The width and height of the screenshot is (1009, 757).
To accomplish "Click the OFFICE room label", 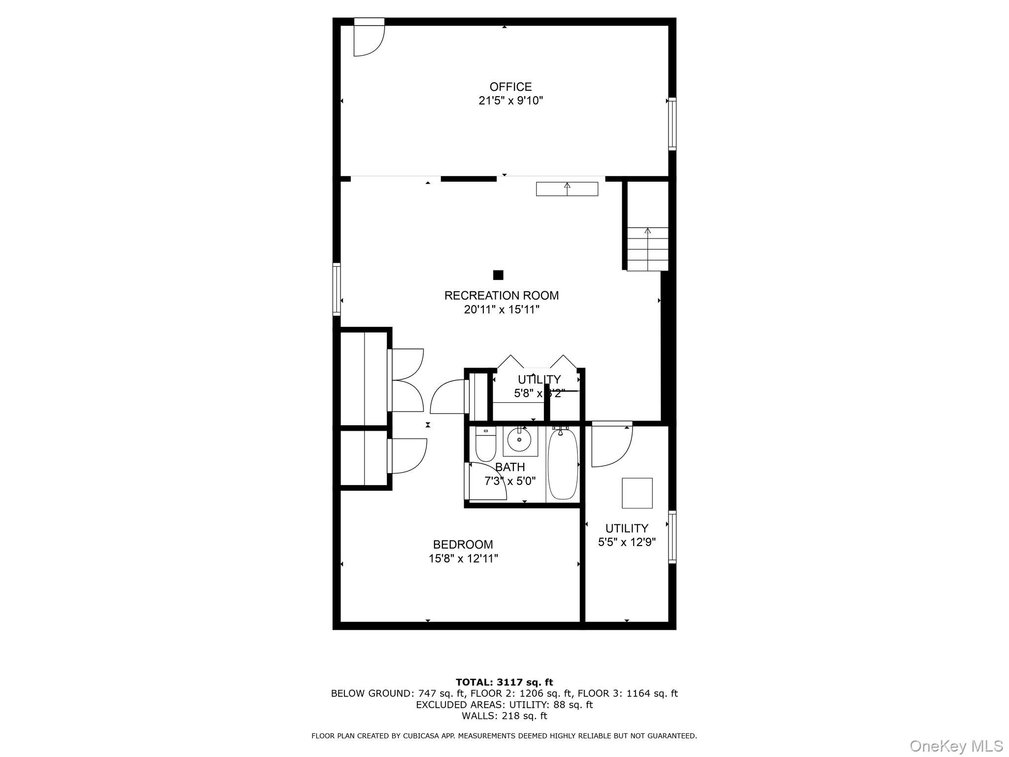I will pos(510,87).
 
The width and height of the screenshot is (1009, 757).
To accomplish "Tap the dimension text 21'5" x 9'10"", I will pos(510,101).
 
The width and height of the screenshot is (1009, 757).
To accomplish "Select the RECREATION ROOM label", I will pos(502,296).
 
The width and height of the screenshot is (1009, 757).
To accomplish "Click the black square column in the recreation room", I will pos(498,275).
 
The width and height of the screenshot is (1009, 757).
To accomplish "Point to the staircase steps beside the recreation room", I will pos(647,249).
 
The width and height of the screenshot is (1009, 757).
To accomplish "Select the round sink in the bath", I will pos(519,440).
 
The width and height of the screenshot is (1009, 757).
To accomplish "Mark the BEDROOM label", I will pos(463,545).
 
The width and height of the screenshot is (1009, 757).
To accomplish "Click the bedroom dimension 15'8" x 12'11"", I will pos(463,559).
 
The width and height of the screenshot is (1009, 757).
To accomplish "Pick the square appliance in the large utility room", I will pos(637,493).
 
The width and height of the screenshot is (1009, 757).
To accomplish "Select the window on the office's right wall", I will pos(672,123).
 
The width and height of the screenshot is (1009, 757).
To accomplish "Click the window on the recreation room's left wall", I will pos(336,289).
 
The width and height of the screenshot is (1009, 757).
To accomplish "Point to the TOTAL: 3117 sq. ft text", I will pos(504,683).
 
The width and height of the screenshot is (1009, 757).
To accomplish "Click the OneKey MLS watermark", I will pos(956,746).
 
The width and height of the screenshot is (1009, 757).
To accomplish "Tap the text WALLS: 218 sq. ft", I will pos(504,716).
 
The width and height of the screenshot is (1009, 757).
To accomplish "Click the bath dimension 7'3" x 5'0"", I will pos(510,481).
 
